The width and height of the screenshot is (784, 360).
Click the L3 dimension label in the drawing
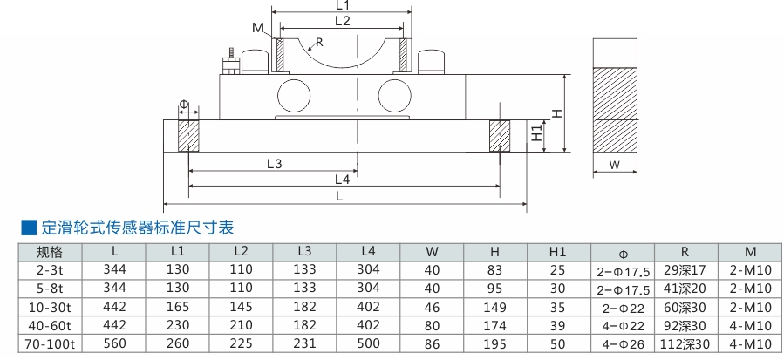pyautogui.click(x=274, y=163)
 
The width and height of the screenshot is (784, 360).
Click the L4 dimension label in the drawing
pyautogui.click(x=342, y=180)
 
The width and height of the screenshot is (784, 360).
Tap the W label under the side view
pyautogui.click(x=613, y=165)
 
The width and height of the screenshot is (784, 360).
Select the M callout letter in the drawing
pyautogui.click(x=257, y=28)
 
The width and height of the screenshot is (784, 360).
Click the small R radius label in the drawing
pyautogui.click(x=320, y=42)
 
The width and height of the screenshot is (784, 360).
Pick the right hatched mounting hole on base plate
pyautogui.click(x=499, y=136)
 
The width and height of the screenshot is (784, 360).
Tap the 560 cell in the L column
pyautogui.click(x=115, y=343)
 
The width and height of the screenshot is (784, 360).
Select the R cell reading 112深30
pyautogui.click(x=684, y=343)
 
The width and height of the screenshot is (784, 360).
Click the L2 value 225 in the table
pyautogui.click(x=242, y=343)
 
